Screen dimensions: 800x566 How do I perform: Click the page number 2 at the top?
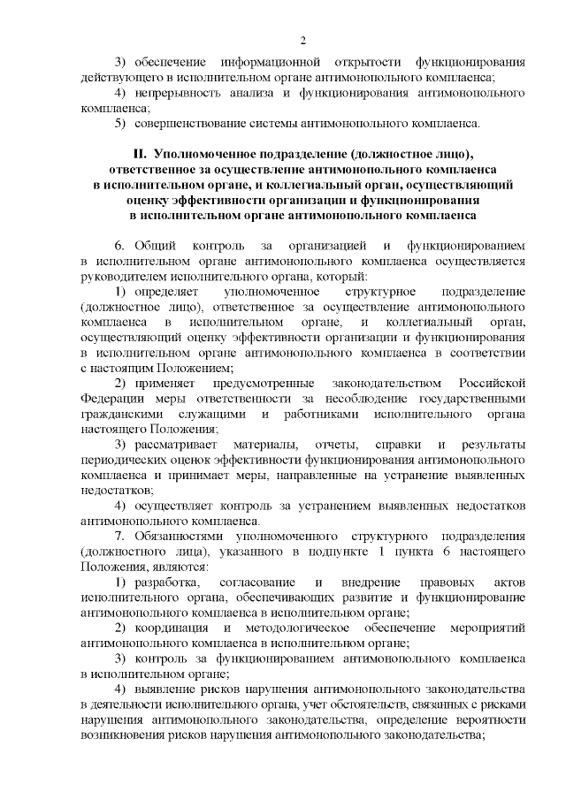(302, 41)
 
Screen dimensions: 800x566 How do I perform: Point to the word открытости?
(364, 63)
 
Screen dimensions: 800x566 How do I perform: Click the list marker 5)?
(124, 123)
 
